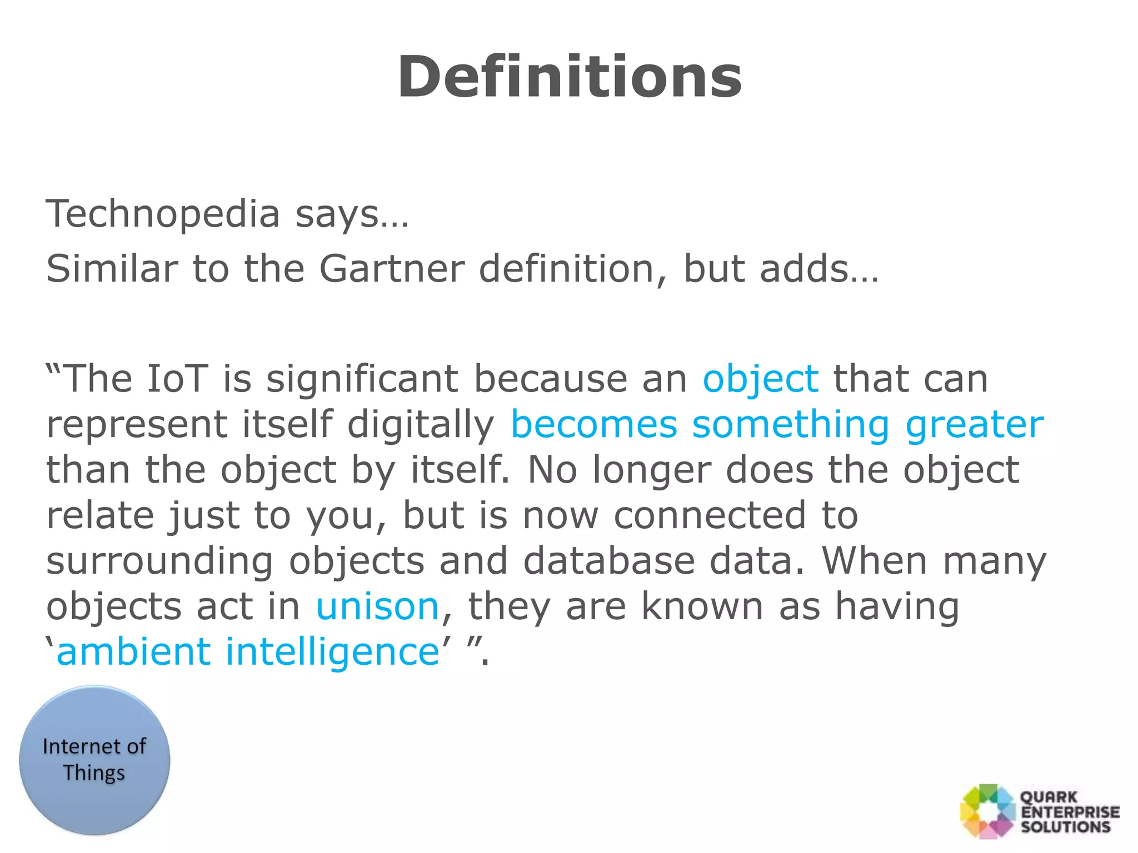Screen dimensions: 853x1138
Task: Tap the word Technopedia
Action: click(x=162, y=214)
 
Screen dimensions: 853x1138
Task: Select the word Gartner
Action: click(x=391, y=269)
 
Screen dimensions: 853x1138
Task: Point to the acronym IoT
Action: click(x=177, y=379)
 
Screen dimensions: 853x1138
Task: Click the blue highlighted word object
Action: click(x=760, y=380)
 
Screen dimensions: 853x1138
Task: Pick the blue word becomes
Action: click(x=593, y=425)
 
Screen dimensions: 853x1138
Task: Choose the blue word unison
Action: click(x=378, y=606)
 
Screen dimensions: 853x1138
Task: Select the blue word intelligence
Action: click(x=332, y=652)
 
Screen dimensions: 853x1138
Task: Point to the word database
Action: click(x=609, y=560)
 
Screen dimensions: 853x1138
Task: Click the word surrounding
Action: click(x=160, y=561)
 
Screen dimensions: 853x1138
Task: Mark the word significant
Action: click(x=362, y=380)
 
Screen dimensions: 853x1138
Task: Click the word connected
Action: click(x=710, y=515)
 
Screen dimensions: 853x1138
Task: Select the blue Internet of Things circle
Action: click(x=94, y=760)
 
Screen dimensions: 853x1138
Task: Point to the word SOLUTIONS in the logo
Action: click(x=1066, y=826)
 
